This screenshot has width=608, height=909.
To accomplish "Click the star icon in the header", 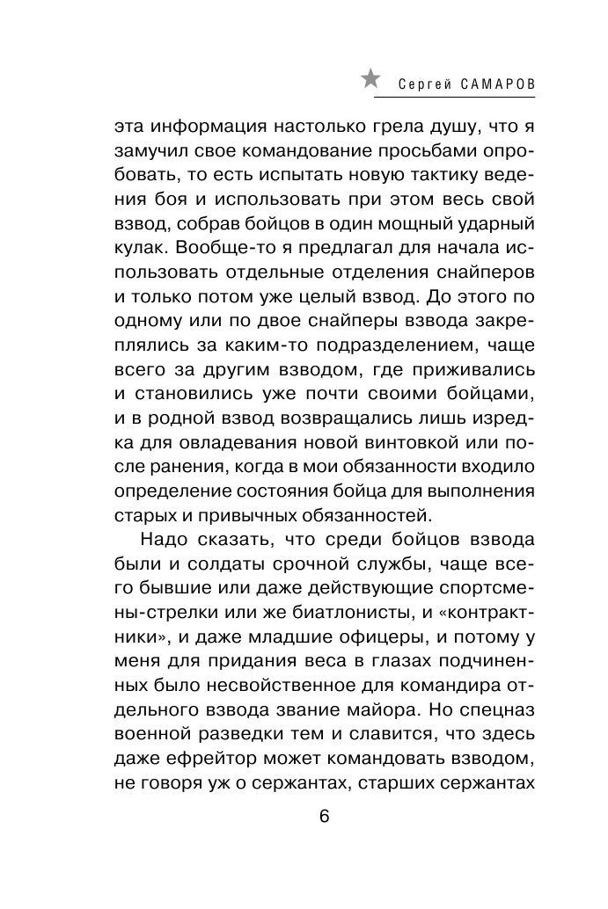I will tap(371, 80).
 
